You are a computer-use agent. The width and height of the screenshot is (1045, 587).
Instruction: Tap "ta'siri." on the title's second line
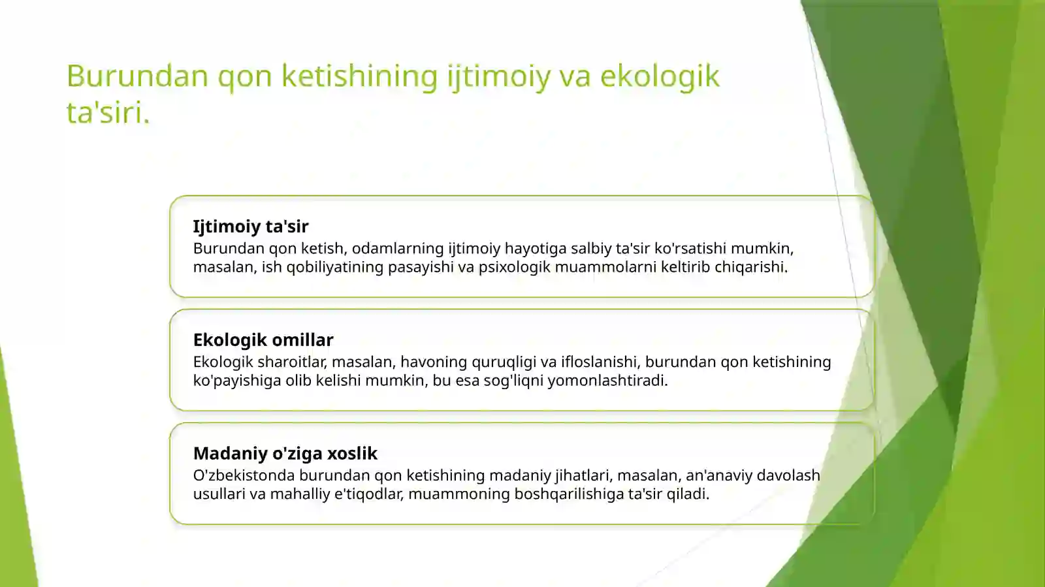coord(108,112)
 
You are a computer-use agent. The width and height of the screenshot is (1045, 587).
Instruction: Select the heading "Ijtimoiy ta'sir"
coord(250,227)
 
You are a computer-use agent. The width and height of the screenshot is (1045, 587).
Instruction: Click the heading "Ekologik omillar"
coord(263,340)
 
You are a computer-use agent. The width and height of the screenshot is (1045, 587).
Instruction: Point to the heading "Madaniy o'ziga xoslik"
coord(285,454)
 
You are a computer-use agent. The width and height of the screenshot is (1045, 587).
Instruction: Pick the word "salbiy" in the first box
coord(590,249)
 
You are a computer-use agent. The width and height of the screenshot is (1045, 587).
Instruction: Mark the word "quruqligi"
coord(503,362)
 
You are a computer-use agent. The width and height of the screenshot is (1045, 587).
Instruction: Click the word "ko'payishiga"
coord(236,381)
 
